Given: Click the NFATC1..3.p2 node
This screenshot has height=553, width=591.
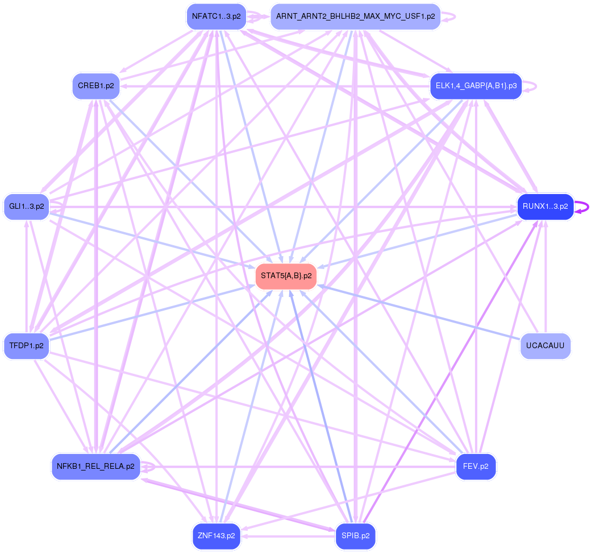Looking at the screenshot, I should (x=216, y=16).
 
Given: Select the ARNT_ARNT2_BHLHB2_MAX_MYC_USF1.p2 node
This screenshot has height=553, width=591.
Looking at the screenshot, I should (x=355, y=16).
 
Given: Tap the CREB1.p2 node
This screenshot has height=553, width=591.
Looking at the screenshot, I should (x=96, y=86).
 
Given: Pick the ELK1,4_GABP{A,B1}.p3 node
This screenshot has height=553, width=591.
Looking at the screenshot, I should (x=476, y=86).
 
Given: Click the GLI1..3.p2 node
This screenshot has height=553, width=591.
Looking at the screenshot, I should (x=27, y=207).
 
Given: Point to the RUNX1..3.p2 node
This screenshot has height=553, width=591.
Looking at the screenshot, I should (x=545, y=207).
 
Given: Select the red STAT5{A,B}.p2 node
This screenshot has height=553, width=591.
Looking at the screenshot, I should (x=286, y=276).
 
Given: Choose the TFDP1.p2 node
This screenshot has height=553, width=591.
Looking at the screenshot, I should (x=27, y=346).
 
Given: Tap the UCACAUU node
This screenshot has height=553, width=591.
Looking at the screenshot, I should (x=545, y=346).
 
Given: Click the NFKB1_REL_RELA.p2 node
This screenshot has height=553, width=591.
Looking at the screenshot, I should (x=96, y=467).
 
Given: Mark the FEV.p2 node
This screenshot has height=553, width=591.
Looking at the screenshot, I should (x=476, y=467).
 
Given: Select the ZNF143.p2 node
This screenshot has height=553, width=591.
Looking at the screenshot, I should (x=216, y=536).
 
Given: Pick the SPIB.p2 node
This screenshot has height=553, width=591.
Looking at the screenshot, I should (x=355, y=536).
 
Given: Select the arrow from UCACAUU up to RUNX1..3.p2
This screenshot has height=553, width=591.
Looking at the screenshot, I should (x=546, y=284).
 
